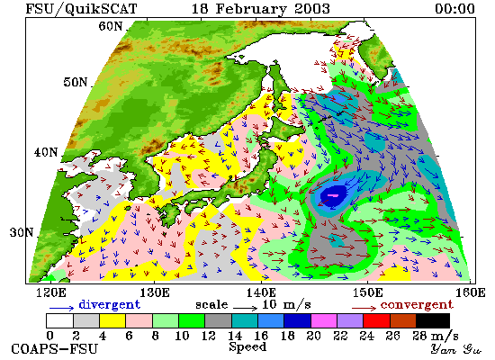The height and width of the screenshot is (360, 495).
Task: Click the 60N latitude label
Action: tap(111, 26)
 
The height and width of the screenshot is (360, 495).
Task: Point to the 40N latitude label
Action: tap(46, 152)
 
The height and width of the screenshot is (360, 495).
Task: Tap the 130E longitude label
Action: tap(155, 292)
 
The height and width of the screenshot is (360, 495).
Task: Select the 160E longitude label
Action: tap(471, 292)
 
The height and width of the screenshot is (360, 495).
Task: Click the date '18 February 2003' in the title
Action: tap(261, 8)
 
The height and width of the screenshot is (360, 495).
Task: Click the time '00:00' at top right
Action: tap(454, 8)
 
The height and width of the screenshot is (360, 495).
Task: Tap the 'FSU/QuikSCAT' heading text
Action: tap(81, 9)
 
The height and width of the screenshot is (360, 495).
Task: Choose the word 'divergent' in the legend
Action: tap(109, 304)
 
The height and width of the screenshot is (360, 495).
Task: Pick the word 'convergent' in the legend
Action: tap(417, 305)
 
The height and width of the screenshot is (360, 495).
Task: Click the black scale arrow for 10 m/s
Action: tap(246, 307)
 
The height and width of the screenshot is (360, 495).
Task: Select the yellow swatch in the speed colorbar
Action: tap(112, 320)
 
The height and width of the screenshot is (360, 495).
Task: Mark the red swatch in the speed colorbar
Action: tap(376, 320)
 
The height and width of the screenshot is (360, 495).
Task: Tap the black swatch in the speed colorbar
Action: tap(433, 320)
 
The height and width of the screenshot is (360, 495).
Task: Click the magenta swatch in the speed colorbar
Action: tap(324, 320)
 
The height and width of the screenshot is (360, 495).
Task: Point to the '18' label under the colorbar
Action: tap(288, 336)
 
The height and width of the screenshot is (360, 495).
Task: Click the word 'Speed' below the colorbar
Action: tap(247, 346)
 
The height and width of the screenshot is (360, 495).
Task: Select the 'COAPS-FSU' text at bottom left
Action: tap(54, 349)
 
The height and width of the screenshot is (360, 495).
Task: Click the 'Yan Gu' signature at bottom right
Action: tap(456, 349)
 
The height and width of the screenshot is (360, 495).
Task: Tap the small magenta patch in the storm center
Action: tap(333, 195)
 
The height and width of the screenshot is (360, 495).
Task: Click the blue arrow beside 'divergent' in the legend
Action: tap(61, 308)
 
